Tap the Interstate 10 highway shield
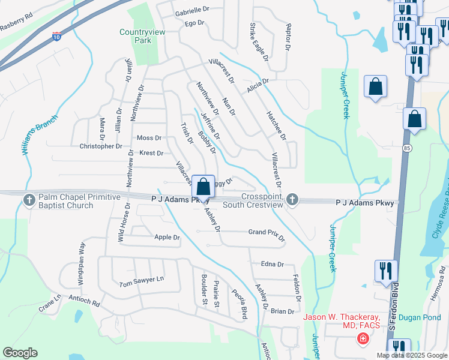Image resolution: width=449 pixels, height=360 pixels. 56,37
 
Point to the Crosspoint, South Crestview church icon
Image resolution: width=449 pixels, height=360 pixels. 292,199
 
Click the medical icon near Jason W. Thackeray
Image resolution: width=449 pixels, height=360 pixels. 363,340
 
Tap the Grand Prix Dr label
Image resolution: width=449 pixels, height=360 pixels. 267,233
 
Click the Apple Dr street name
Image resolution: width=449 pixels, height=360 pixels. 167,238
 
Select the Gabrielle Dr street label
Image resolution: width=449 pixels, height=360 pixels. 191,10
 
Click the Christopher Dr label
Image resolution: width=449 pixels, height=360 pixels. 101,146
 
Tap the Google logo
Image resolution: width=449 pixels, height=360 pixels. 20,353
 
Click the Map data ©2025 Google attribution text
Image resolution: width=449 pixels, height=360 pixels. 411,355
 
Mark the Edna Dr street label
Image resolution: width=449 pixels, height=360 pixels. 272,264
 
